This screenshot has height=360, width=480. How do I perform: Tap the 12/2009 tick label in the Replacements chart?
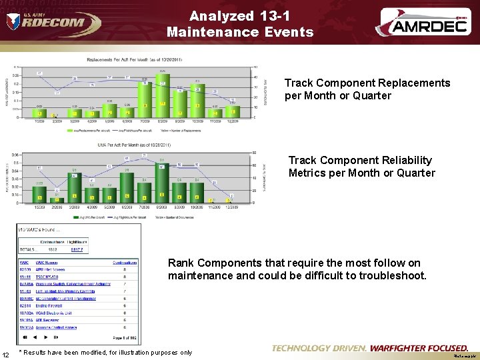tap(232, 121)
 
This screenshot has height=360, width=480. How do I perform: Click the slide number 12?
tap(6, 353)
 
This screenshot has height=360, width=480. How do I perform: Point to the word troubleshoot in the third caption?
tap(392, 275)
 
